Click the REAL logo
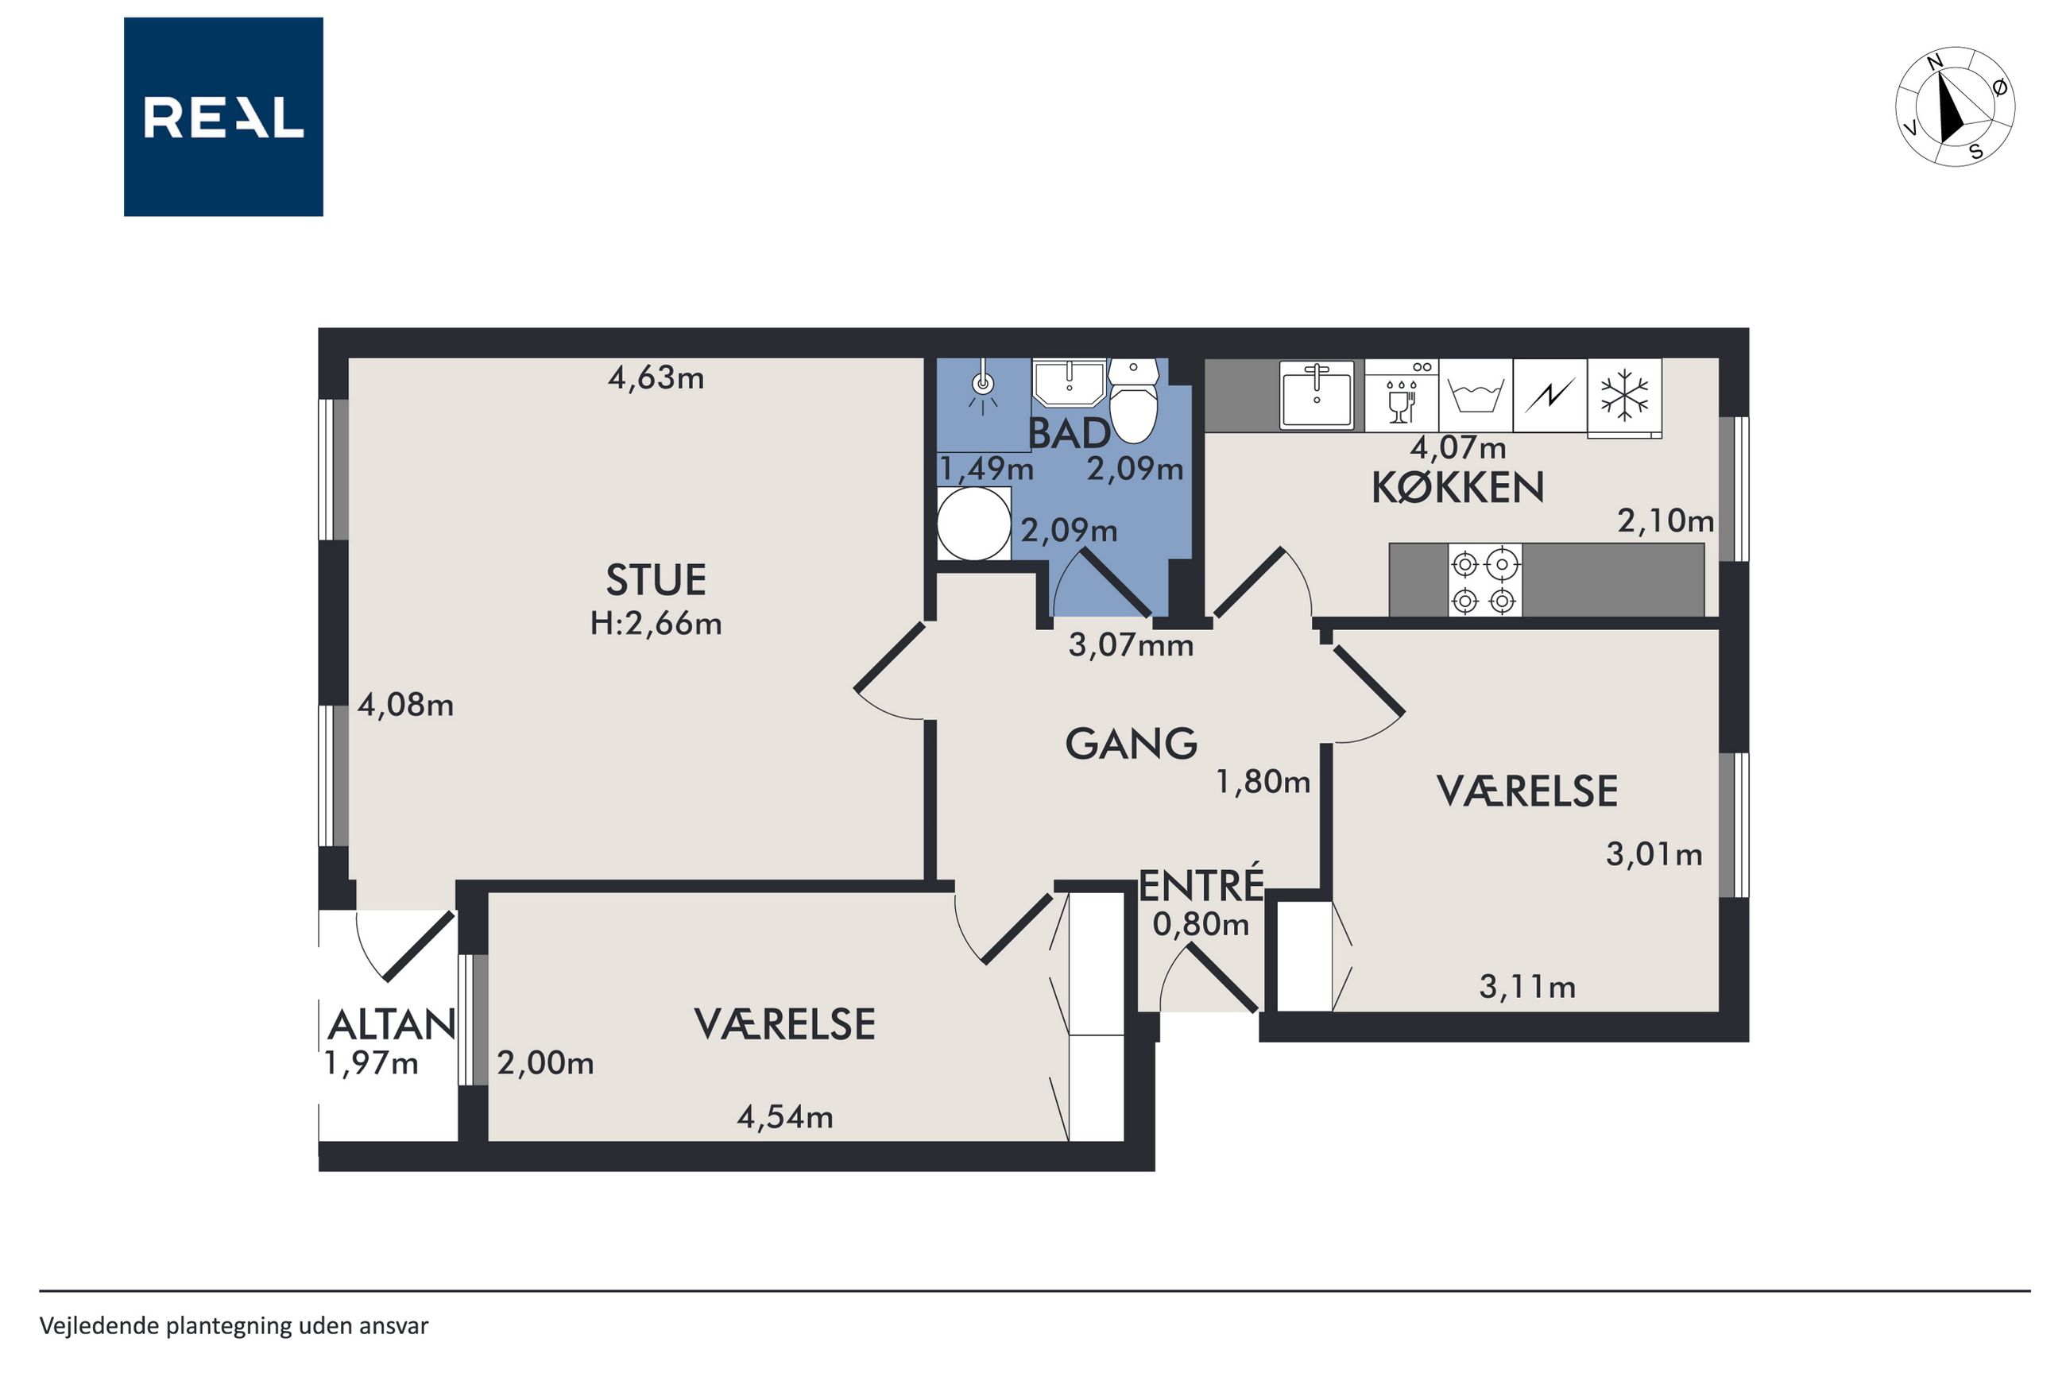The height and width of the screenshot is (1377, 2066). (223, 117)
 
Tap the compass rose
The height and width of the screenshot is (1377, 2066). (1955, 106)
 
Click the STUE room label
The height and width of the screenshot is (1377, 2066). (656, 579)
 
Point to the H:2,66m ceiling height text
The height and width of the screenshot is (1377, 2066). (656, 624)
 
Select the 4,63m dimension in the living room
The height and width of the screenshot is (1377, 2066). (656, 377)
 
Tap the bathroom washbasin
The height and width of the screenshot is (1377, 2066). (1069, 382)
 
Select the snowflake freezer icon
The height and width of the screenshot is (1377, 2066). (1624, 396)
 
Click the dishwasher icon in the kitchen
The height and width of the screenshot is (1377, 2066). (1402, 395)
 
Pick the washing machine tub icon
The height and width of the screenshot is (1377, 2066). (1475, 395)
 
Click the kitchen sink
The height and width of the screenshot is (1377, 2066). (1316, 395)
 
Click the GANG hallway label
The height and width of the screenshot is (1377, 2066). (1131, 744)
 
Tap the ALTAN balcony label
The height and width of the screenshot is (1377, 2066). (392, 1025)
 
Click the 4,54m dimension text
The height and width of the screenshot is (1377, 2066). (785, 1117)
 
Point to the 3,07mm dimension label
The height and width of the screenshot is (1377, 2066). (1131, 645)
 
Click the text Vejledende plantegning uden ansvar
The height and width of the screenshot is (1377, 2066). (234, 1326)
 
